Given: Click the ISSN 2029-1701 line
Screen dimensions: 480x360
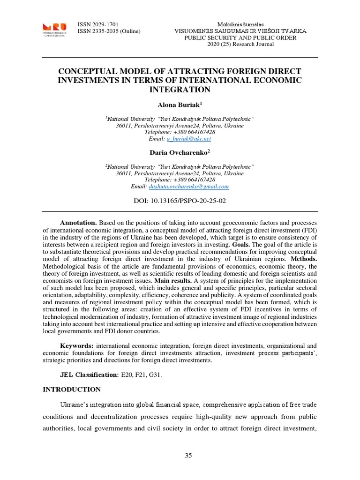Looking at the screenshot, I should pyautogui.click(x=99, y=24).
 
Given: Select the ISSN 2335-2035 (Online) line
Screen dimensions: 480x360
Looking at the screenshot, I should pyautogui.click(x=109, y=31).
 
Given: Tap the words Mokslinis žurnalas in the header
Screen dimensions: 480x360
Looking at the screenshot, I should pyautogui.click(x=240, y=24).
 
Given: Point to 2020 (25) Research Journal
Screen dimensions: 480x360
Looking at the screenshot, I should pyautogui.click(x=240, y=44).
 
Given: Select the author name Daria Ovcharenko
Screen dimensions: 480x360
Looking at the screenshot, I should pyautogui.click(x=179, y=152).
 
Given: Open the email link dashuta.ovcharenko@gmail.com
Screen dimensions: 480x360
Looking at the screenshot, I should pyautogui.click(x=188, y=187).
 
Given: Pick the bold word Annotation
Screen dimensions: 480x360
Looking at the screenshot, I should pyautogui.click(x=78, y=222).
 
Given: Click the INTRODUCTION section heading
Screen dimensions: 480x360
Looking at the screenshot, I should pyautogui.click(x=72, y=389).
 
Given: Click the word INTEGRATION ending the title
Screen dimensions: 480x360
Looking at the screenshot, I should pyautogui.click(x=180, y=89).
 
